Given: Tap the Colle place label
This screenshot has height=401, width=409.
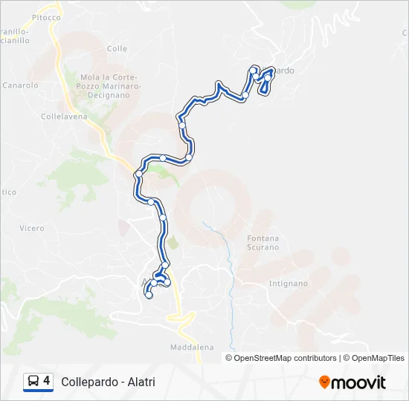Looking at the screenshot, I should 117,48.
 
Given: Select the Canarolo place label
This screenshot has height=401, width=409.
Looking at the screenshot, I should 20,85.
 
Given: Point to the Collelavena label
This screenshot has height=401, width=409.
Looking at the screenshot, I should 63,117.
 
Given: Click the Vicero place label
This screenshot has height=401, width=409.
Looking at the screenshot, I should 32,228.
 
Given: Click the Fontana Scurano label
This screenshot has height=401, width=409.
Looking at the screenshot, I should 263,243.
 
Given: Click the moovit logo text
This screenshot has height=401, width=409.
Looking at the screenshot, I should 358,382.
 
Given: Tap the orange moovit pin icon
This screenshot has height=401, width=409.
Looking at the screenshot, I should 324,382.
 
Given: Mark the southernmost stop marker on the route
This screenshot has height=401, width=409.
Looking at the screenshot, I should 149,295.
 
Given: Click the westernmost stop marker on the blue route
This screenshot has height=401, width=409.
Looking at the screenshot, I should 138,175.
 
